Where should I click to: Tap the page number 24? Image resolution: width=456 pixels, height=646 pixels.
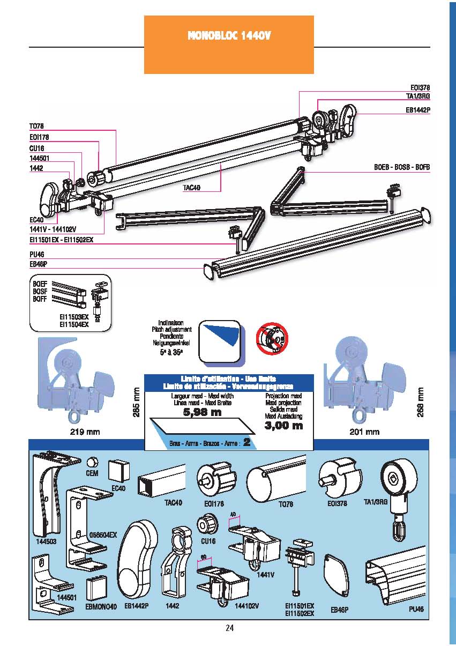(230, 628)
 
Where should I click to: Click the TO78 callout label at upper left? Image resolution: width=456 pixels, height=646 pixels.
(36, 126)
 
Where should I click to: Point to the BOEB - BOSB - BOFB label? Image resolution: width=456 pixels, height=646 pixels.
(402, 167)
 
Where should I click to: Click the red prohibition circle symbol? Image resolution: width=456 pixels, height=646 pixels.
(271, 338)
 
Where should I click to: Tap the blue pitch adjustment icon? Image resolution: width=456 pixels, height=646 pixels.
(220, 341)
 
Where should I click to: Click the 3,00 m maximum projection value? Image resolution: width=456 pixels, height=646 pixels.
(283, 426)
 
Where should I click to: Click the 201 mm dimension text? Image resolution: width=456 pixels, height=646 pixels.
(365, 432)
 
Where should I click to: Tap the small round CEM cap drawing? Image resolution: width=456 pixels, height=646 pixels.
(92, 462)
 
